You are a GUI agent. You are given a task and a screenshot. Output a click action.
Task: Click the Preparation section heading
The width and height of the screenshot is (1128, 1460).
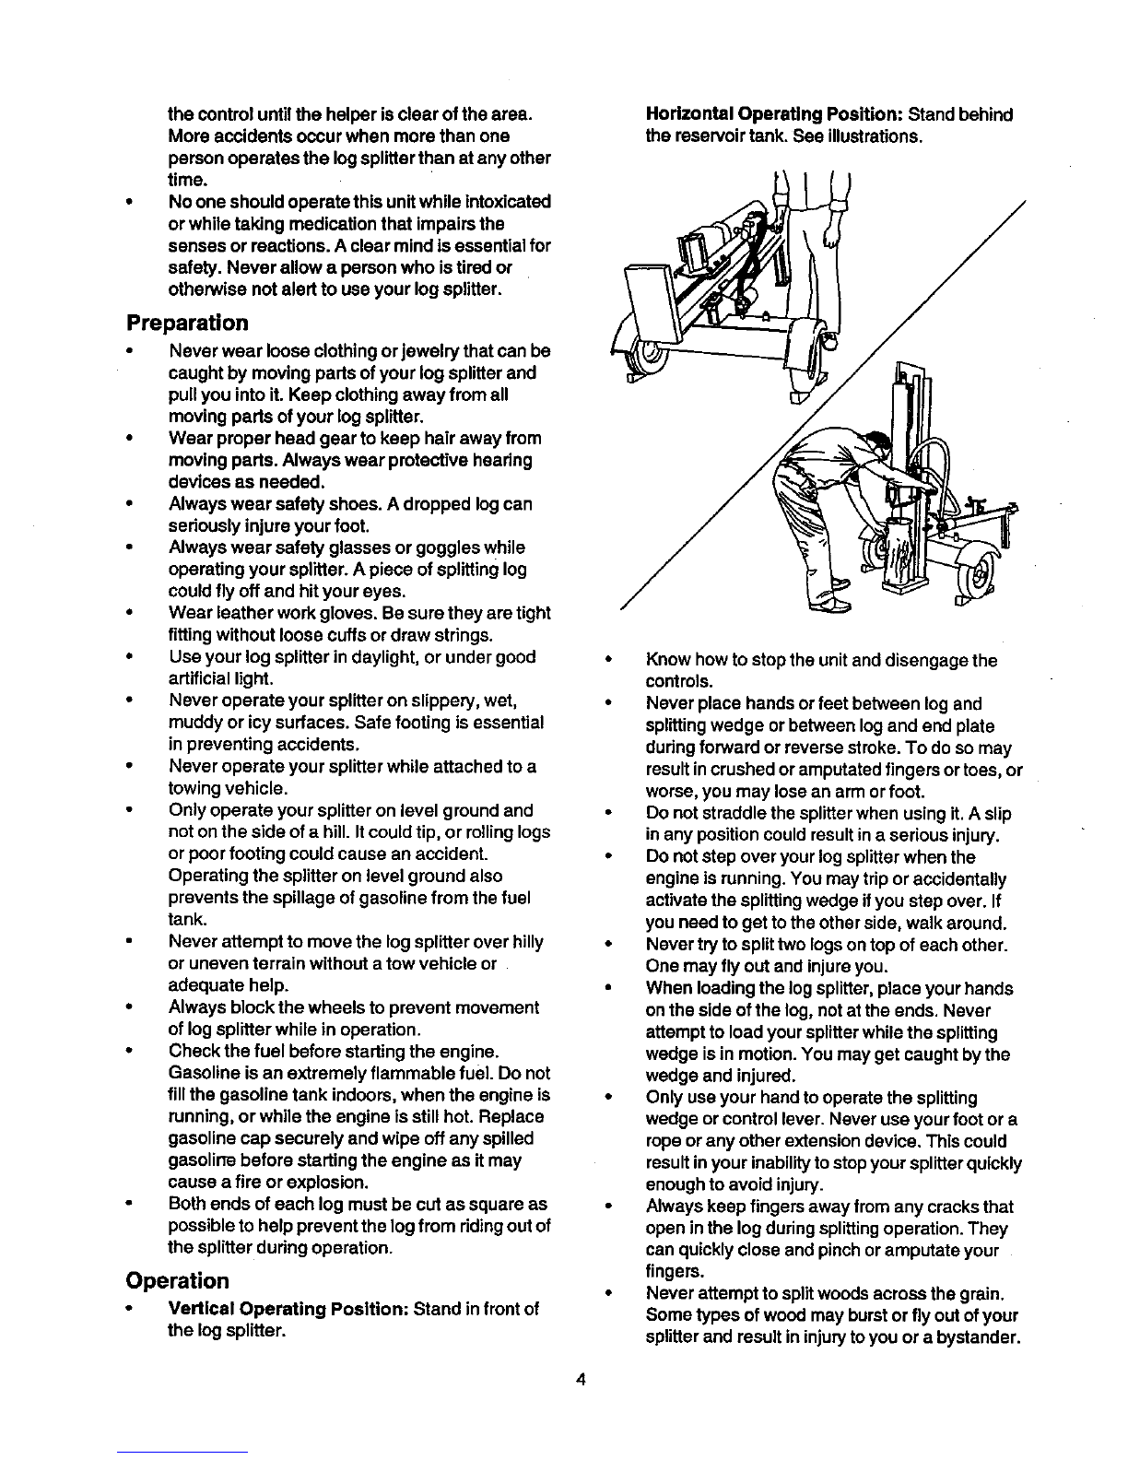click(187, 324)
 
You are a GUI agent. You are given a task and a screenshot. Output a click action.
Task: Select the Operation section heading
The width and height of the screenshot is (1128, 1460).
click(177, 1281)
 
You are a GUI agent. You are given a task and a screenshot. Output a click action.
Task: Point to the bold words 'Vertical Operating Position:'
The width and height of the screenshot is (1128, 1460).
click(289, 1310)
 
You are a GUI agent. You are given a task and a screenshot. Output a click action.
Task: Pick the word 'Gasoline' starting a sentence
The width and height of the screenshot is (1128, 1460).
click(200, 1074)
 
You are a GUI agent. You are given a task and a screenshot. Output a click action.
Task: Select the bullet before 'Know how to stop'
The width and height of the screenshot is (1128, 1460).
click(608, 661)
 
